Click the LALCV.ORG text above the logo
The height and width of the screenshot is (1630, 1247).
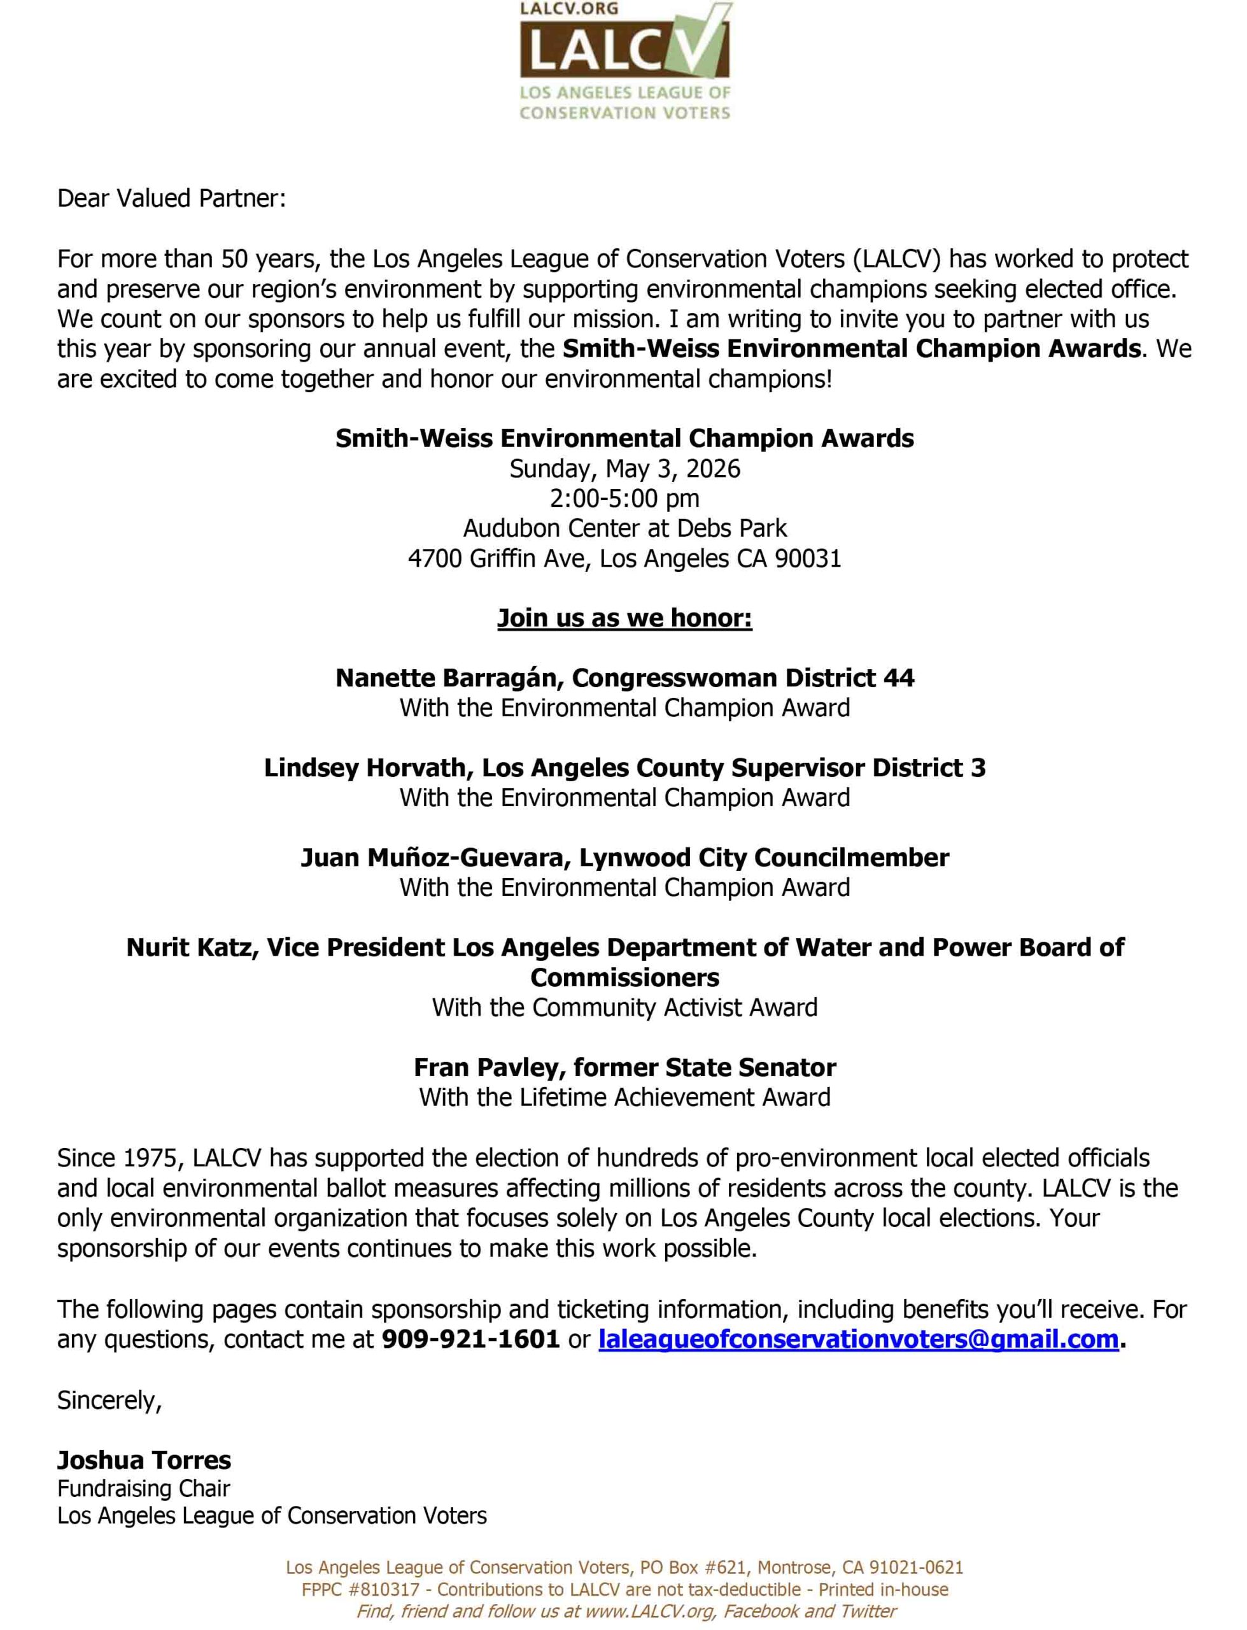(558, 9)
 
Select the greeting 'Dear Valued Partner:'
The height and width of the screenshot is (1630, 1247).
(171, 199)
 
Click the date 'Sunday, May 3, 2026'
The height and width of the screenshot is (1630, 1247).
(624, 469)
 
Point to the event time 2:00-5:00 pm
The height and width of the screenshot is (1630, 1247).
(624, 499)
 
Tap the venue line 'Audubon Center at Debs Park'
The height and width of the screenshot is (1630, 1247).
(624, 528)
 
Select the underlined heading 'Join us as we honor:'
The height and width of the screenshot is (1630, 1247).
(624, 618)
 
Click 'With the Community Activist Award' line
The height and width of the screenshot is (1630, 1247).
(624, 1008)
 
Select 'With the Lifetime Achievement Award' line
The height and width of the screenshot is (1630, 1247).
(624, 1098)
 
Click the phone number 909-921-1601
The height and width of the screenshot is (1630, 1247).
(470, 1340)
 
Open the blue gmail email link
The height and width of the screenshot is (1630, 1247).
(858, 1340)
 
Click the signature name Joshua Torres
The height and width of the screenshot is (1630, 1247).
(144, 1461)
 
